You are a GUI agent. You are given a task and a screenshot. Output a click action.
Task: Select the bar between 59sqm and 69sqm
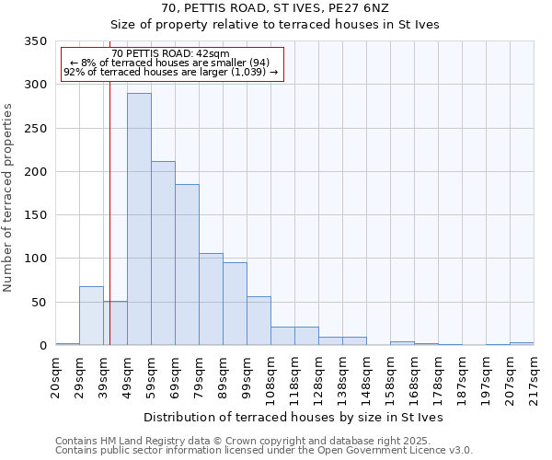[x=163, y=253]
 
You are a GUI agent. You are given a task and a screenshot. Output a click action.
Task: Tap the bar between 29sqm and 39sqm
[x=91, y=316]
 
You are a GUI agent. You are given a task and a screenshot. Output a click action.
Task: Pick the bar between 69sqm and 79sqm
[x=187, y=265]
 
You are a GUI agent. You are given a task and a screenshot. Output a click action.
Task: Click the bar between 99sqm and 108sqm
[x=259, y=321]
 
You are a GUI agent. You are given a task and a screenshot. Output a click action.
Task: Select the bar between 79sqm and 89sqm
[x=211, y=299]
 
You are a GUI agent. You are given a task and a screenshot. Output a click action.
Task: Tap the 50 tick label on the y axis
[x=39, y=303]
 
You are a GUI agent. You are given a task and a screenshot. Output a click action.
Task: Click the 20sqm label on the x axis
[x=56, y=375]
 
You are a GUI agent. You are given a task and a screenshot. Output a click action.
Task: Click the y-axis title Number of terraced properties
[x=8, y=197]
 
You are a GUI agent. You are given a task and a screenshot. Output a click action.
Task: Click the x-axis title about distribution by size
[x=293, y=418]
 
